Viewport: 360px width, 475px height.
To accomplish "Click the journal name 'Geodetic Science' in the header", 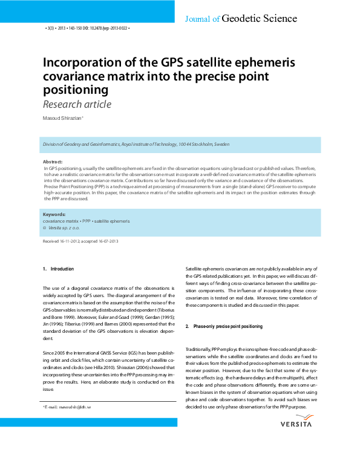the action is pos(260,19).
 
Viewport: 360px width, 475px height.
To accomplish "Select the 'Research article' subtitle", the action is pos(77,105).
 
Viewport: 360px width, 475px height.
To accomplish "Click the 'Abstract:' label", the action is pos(53,162).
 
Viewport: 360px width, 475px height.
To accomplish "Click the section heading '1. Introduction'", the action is pos(58,269).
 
